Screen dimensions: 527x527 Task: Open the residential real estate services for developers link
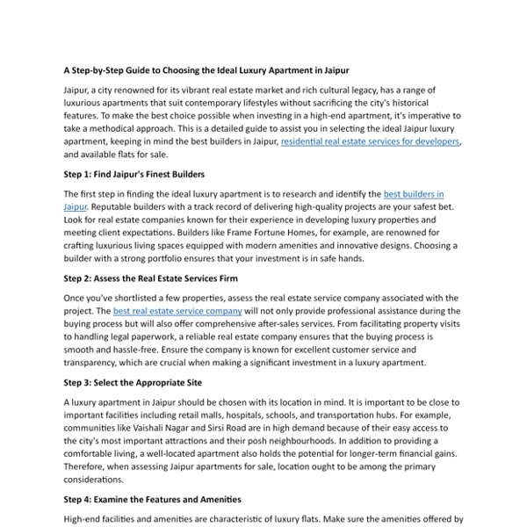tap(371, 141)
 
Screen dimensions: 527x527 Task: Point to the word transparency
tap(91, 361)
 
